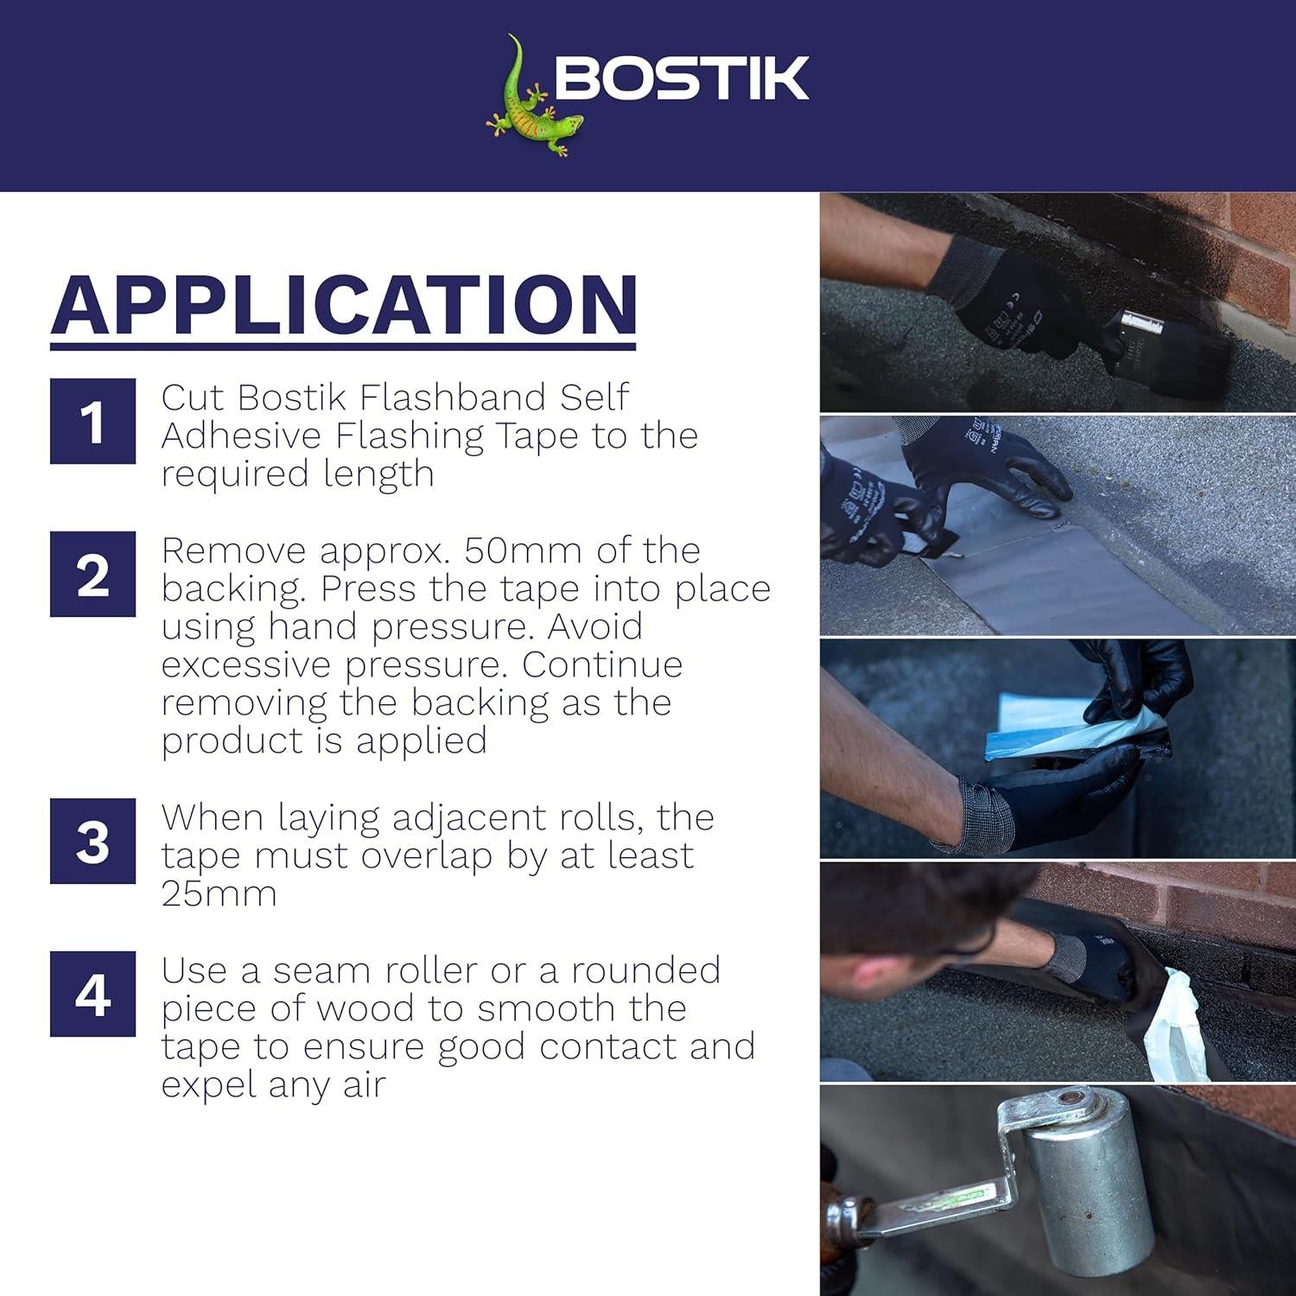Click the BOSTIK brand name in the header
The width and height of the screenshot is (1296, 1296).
(x=682, y=79)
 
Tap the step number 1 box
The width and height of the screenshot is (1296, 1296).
(x=92, y=422)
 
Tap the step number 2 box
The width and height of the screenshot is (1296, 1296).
(x=92, y=575)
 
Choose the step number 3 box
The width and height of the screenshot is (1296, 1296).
(x=92, y=841)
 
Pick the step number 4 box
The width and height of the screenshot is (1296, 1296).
(x=92, y=994)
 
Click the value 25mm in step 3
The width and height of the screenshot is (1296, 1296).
(x=219, y=893)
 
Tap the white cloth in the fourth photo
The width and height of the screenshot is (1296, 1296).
(x=1175, y=1028)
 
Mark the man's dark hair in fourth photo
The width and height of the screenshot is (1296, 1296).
(x=916, y=899)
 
